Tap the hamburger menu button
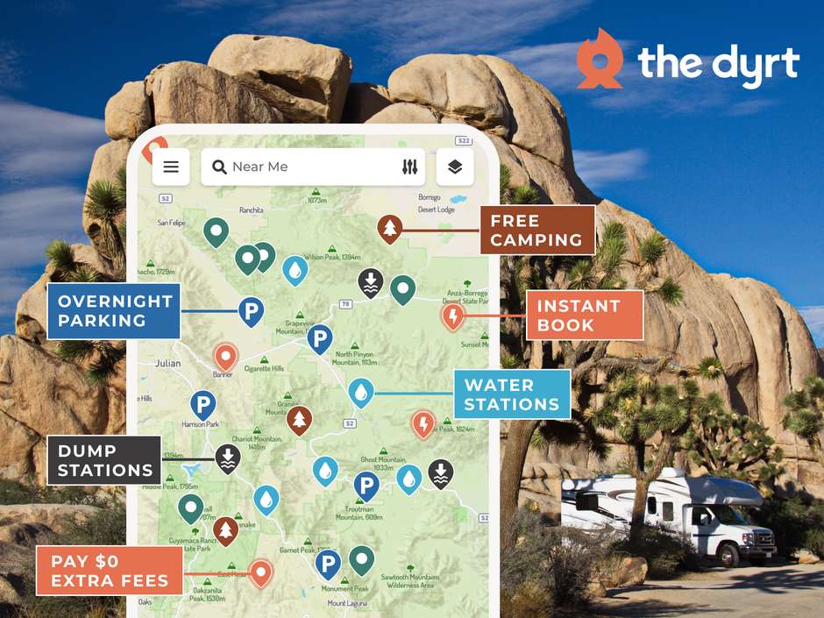pyautogui.click(x=171, y=167)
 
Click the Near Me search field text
pyautogui.click(x=259, y=167)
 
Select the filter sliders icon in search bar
pyautogui.click(x=409, y=167)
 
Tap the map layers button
pyautogui.click(x=454, y=167)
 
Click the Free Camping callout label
pyautogui.click(x=536, y=230)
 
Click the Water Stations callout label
pyautogui.click(x=511, y=394)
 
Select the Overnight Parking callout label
pyautogui.click(x=114, y=311)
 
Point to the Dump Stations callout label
pyautogui.click(x=105, y=460)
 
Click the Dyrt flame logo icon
pyautogui.click(x=600, y=59)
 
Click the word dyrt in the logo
pyautogui.click(x=753, y=64)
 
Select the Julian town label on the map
pyautogui.click(x=167, y=363)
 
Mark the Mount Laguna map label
pyautogui.click(x=349, y=603)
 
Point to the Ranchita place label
pyautogui.click(x=252, y=210)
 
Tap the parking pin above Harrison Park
pyautogui.click(x=203, y=405)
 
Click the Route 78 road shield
pyautogui.click(x=345, y=304)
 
